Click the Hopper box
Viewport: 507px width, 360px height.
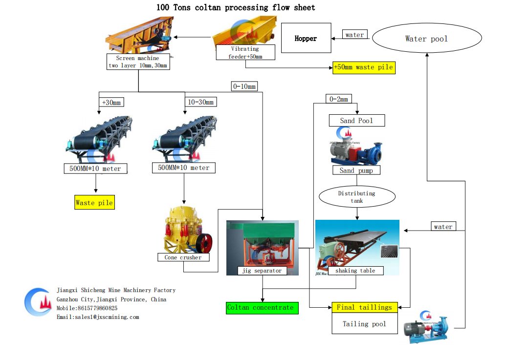pyautogui.click(x=306, y=39)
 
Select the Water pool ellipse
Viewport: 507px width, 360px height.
pyautogui.click(x=426, y=39)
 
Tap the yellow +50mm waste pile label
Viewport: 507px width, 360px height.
pyautogui.click(x=363, y=67)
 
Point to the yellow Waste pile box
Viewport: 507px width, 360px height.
pyautogui.click(x=94, y=202)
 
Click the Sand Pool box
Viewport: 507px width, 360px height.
pyautogui.click(x=356, y=120)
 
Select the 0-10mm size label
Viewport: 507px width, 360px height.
pyautogui.click(x=244, y=86)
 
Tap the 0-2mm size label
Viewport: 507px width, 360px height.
pyautogui.click(x=338, y=99)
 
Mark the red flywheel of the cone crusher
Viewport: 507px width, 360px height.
pyautogui.click(x=206, y=242)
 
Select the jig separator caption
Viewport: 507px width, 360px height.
pyautogui.click(x=262, y=270)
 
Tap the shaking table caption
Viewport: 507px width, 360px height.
pyautogui.click(x=355, y=270)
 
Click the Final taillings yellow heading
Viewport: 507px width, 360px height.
pyautogui.click(x=364, y=307)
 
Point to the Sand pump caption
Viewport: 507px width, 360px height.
pyautogui.click(x=356, y=170)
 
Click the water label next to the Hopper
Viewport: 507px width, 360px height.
pyautogui.click(x=354, y=35)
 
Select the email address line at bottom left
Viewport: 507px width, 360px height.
pyautogui.click(x=98, y=317)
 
